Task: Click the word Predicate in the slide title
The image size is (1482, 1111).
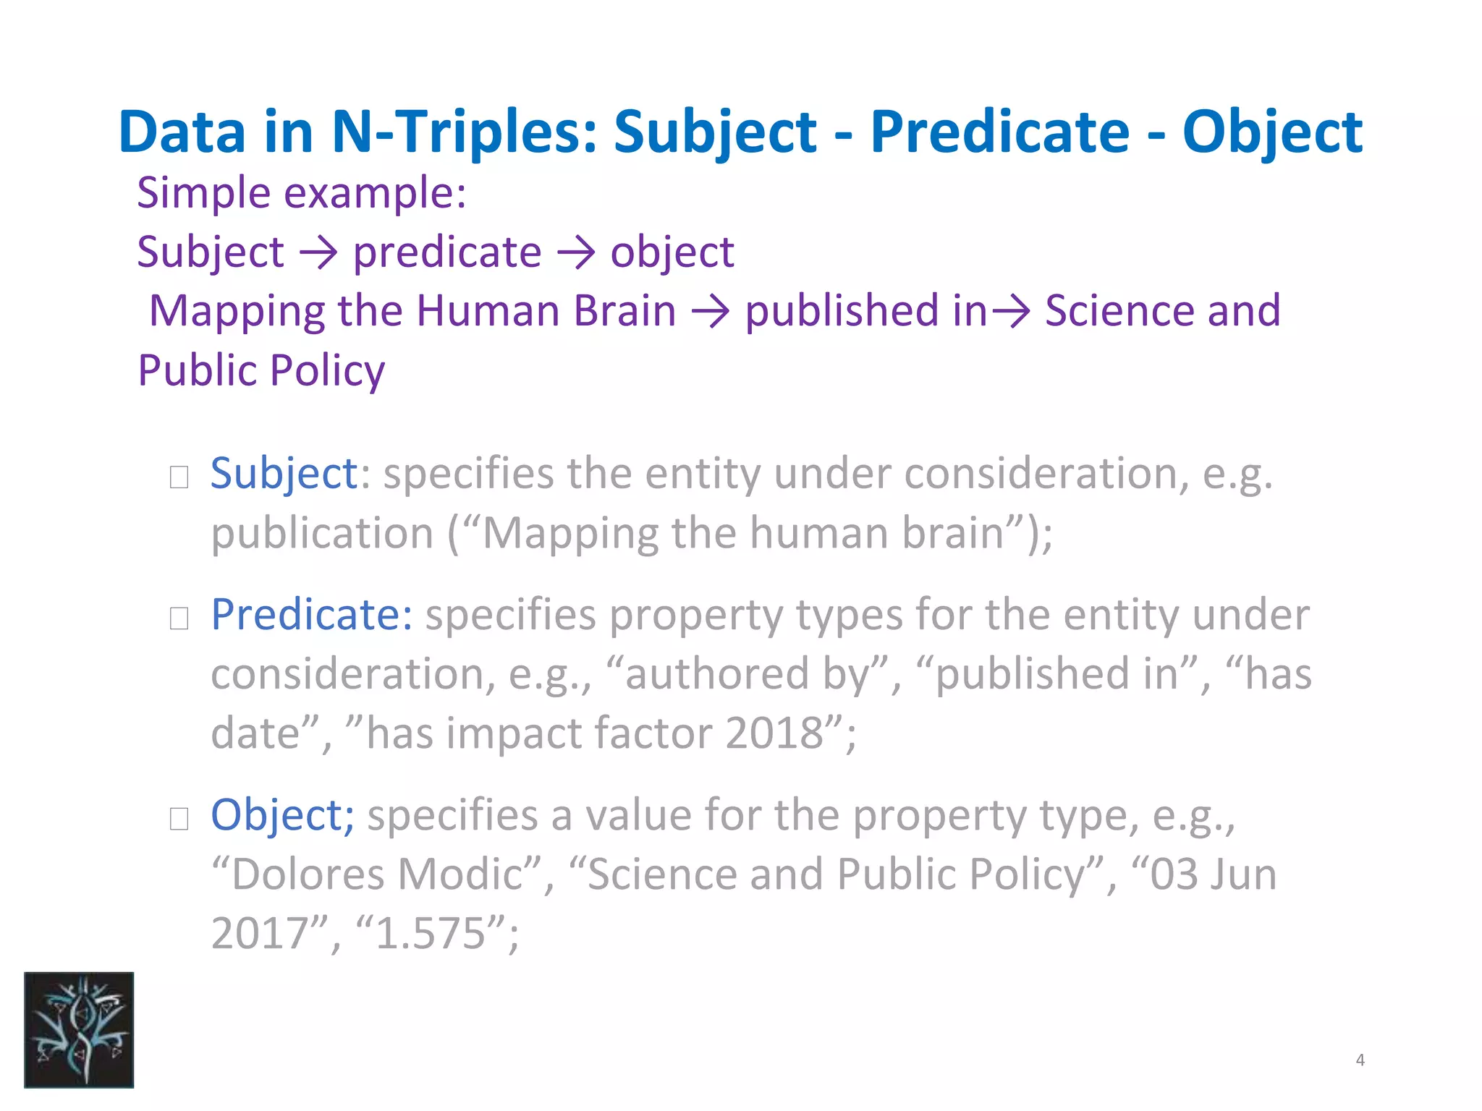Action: click(x=999, y=132)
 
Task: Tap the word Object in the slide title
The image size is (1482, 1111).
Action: click(x=1272, y=132)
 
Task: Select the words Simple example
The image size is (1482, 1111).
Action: click(x=302, y=193)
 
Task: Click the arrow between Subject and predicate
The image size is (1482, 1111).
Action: click(x=318, y=253)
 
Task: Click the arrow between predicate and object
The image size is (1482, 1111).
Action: click(x=576, y=253)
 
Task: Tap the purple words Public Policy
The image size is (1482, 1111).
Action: click(x=261, y=371)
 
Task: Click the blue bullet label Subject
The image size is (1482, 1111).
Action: click(x=284, y=474)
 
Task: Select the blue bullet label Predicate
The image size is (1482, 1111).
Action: click(x=312, y=615)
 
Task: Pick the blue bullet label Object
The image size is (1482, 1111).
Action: click(x=282, y=815)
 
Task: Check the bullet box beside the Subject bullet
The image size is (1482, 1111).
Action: click(x=179, y=477)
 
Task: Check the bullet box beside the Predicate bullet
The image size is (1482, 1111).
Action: click(x=179, y=618)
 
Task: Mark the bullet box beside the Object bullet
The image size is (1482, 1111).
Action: click(x=179, y=819)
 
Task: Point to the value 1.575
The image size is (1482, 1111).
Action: click(x=431, y=933)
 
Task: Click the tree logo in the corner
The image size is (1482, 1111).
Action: click(x=79, y=1029)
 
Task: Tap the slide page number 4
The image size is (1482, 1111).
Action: click(x=1360, y=1060)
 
